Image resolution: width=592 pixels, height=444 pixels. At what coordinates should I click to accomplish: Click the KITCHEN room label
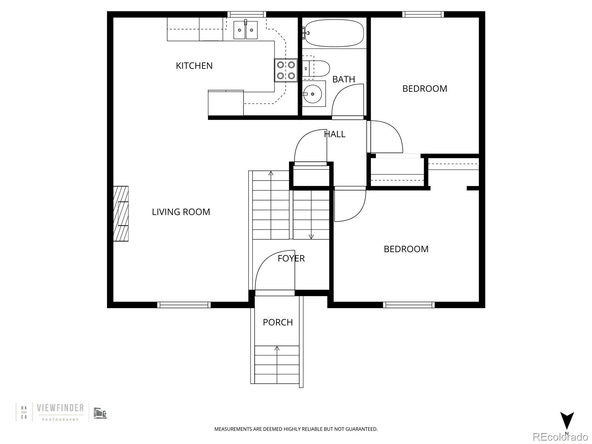[194, 66]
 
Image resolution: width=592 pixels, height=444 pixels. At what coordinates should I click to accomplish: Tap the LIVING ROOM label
[181, 212]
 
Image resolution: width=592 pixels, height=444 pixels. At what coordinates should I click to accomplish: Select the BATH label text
[343, 79]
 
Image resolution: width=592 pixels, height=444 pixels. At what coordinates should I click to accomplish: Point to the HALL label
[335, 134]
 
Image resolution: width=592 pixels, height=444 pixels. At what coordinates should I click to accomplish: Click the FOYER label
[291, 258]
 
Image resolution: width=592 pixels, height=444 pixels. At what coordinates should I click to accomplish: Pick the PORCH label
[277, 322]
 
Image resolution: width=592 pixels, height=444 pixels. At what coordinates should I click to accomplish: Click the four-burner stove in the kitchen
[286, 70]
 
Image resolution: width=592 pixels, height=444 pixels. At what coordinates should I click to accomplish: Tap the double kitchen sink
[245, 30]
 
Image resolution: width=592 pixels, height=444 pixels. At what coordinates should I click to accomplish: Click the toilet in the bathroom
[316, 69]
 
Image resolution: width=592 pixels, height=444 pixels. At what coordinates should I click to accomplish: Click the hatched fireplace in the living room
[121, 214]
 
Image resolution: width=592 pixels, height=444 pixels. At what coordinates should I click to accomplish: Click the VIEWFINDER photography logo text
[60, 408]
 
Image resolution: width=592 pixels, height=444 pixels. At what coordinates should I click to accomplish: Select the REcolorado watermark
[560, 437]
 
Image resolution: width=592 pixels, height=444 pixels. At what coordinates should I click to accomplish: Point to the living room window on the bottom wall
[184, 305]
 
